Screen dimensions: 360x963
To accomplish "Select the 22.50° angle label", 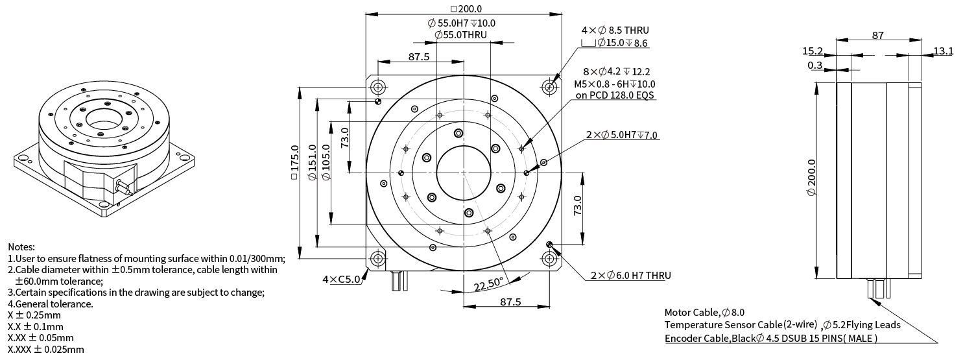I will [x=488, y=284].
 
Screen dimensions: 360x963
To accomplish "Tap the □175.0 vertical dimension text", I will [x=295, y=167].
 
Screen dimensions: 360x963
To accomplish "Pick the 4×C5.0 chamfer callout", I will [x=341, y=280].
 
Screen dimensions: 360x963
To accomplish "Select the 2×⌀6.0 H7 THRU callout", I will [x=630, y=276].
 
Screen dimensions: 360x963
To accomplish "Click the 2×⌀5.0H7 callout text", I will [x=621, y=135].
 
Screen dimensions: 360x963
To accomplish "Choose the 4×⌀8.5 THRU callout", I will [x=615, y=30].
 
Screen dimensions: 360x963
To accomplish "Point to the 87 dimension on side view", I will [x=877, y=36].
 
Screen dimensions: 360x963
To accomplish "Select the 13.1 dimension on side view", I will [x=943, y=51].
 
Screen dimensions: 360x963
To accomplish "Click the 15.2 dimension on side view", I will [x=813, y=51].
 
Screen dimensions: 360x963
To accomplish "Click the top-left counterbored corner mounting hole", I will [x=377, y=87].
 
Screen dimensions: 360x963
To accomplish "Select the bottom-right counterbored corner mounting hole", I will [x=550, y=259].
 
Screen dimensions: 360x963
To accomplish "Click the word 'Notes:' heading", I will [x=21, y=246].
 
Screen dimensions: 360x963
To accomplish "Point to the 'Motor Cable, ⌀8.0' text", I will [x=704, y=312].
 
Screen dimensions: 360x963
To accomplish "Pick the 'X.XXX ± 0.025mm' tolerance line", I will [x=45, y=350].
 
